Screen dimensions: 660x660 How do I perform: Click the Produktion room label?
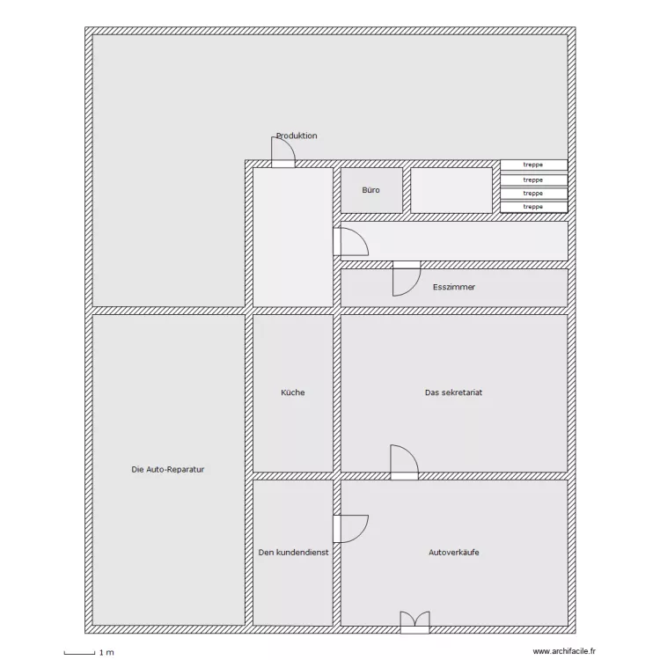pos(297,136)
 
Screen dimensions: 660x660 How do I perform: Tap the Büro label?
pos(370,190)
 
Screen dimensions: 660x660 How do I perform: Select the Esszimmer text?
pos(454,287)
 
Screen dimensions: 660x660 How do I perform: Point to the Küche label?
pos(292,392)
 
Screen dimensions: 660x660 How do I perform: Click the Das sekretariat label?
pos(453,392)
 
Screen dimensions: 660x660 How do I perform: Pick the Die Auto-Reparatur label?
pos(167,469)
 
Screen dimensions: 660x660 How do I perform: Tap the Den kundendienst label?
pos(293,553)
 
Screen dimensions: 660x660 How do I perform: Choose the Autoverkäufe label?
pos(454,553)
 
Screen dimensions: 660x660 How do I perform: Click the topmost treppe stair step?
pos(534,165)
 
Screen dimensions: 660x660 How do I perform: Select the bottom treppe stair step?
pos(534,207)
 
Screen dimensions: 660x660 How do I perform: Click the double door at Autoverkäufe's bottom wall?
pos(414,622)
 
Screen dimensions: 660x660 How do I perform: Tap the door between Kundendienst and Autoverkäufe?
pos(350,529)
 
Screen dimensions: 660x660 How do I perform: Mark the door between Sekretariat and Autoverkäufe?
pos(405,462)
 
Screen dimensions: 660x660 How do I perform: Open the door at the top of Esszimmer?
pos(407,279)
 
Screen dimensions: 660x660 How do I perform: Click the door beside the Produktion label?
pos(283,152)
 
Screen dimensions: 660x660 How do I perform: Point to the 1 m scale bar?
pos(79,653)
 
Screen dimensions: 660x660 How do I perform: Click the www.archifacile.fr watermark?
pos(564,651)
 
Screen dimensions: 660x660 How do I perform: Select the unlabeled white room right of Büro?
pos(451,190)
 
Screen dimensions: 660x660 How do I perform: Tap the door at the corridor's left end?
pos(350,242)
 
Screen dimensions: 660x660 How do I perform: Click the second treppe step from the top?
pos(534,180)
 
